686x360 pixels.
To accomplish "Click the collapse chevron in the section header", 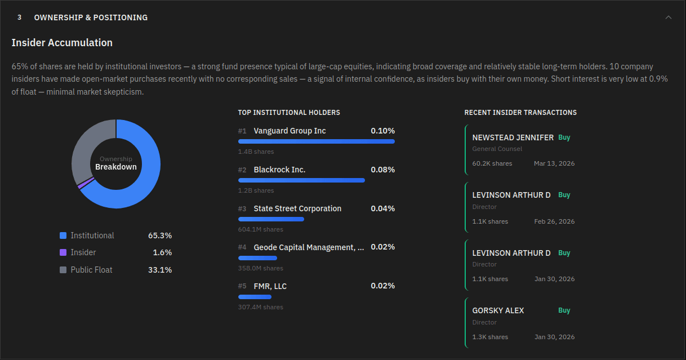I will pos(669,17).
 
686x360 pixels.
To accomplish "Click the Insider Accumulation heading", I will pos(62,43).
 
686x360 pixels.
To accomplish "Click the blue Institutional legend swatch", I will pos(63,235).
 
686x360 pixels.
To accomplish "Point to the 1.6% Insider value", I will pos(162,252).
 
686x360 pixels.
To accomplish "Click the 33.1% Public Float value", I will pos(160,270).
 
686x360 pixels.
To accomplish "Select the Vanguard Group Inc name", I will pos(289,131).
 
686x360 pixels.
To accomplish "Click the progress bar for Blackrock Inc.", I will pos(301,180).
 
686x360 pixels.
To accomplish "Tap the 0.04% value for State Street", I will pos(382,208).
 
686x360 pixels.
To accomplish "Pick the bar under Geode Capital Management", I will pos(257,257).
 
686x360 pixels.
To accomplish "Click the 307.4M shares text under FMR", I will pos(261,307).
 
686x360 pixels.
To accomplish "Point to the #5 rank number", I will pos(242,286).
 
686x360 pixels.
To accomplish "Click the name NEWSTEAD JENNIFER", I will pos(513,137).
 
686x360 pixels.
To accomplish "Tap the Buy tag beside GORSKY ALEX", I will pos(564,310).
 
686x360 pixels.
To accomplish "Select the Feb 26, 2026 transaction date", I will pos(554,221).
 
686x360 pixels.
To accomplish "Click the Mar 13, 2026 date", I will pos(554,163).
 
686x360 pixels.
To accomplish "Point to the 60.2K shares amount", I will pos(492,163).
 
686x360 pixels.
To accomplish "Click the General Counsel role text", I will pos(497,149).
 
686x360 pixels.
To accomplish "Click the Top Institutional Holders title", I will pos(289,113).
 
